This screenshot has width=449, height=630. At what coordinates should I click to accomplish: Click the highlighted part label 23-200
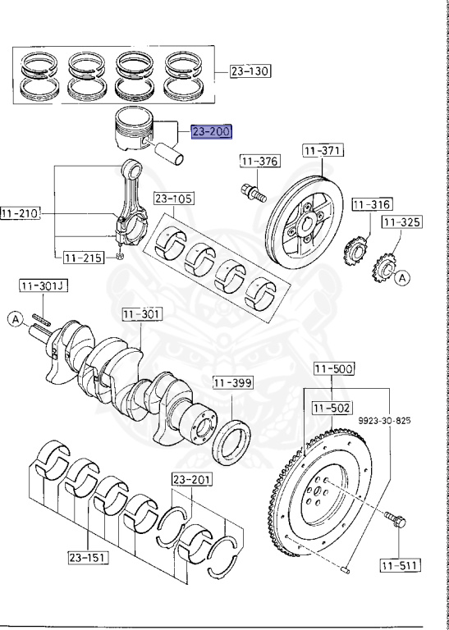pyautogui.click(x=212, y=132)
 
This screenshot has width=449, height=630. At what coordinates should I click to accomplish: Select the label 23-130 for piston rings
pyautogui.click(x=250, y=71)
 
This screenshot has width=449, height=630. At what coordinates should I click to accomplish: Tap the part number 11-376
pyautogui.click(x=260, y=161)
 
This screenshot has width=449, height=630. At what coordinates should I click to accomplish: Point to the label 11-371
pyautogui.click(x=323, y=151)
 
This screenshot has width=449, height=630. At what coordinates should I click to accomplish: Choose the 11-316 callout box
pyautogui.click(x=372, y=204)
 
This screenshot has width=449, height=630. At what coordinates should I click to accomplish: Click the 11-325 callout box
pyautogui.click(x=402, y=222)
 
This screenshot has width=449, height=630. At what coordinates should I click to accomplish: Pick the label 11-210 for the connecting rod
pyautogui.click(x=21, y=213)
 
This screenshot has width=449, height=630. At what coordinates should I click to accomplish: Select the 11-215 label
pyautogui.click(x=84, y=258)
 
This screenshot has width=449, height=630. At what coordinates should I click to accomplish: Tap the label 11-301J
pyautogui.click(x=44, y=286)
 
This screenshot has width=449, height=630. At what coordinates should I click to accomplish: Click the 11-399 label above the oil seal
pyautogui.click(x=233, y=383)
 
